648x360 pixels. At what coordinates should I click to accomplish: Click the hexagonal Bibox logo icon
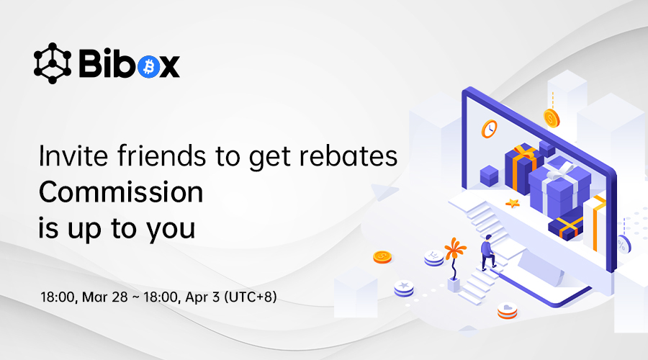52,63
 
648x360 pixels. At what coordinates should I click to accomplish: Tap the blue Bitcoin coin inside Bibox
149,66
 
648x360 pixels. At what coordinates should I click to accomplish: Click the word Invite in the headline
73,156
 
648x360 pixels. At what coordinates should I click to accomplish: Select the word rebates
348,156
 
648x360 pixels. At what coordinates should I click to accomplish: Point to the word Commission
121,192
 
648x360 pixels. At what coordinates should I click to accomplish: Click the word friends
161,156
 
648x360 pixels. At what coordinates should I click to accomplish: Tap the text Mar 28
105,297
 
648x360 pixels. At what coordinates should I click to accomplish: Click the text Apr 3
202,297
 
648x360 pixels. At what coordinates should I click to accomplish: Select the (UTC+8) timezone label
251,297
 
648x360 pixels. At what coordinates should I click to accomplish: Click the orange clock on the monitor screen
490,129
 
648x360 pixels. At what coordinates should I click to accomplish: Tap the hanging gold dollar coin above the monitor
552,118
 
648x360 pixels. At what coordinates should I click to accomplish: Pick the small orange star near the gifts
513,203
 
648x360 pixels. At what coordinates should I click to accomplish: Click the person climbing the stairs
487,252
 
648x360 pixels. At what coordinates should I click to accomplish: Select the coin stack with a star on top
404,288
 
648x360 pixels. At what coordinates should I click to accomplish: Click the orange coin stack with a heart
507,310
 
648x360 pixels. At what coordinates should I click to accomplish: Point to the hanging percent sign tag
622,244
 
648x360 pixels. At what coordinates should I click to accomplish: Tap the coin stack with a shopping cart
434,258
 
